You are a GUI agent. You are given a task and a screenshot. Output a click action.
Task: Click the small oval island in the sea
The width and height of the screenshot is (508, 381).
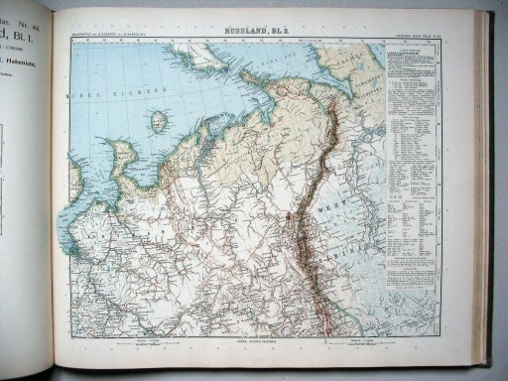(x=158, y=122)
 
